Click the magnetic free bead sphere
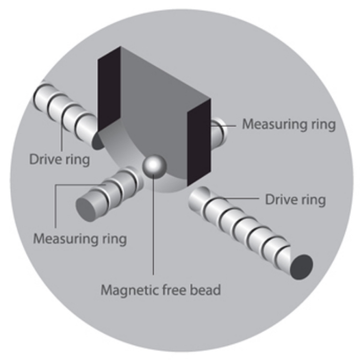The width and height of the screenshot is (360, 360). [154, 166]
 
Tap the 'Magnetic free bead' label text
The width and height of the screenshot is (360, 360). [160, 289]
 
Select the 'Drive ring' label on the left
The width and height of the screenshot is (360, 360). [59, 158]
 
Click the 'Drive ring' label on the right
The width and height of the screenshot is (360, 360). [295, 199]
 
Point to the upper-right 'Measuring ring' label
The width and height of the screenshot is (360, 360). [289, 123]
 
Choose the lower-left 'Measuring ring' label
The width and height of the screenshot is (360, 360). [79, 237]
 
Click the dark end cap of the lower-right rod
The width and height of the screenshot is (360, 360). [301, 267]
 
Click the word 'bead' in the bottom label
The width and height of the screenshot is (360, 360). [207, 289]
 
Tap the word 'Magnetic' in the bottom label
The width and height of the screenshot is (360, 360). [123, 289]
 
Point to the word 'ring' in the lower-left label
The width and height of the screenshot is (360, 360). [114, 237]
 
